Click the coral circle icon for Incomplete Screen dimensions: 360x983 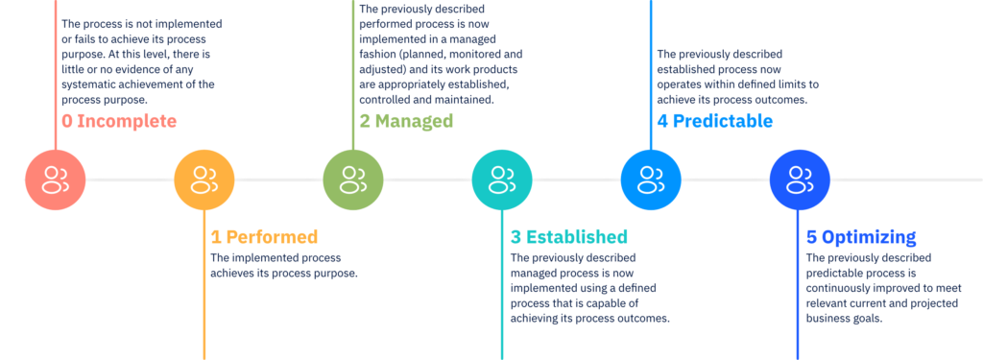(56, 180)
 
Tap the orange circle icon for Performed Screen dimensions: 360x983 (204, 180)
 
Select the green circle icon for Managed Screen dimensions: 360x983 (353, 180)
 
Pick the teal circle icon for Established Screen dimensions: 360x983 (501, 180)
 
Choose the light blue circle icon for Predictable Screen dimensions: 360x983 (650, 180)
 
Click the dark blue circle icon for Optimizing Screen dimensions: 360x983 (799, 180)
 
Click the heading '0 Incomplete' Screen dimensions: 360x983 (119, 122)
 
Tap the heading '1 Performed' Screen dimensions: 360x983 (264, 237)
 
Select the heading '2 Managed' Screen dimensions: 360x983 (406, 122)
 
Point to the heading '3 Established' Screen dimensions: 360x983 (569, 237)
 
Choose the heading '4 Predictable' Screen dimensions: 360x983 (715, 122)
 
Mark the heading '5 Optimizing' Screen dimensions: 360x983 (861, 237)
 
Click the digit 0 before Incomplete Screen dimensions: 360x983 (67, 122)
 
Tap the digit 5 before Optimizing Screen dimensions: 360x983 (811, 237)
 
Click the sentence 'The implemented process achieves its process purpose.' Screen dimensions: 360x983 (283, 265)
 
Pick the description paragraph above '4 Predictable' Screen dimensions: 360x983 (734, 75)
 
